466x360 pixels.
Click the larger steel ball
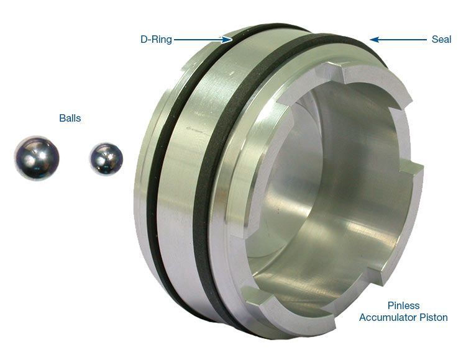pos(37,158)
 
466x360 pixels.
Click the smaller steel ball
pos(106,159)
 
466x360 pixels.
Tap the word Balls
pos(70,118)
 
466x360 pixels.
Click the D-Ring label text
pos(156,40)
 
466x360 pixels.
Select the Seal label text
pos(441,40)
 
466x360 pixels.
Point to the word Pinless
pos(403,305)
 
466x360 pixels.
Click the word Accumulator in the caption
pos(388,317)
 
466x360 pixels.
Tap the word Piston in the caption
pos(434,317)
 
